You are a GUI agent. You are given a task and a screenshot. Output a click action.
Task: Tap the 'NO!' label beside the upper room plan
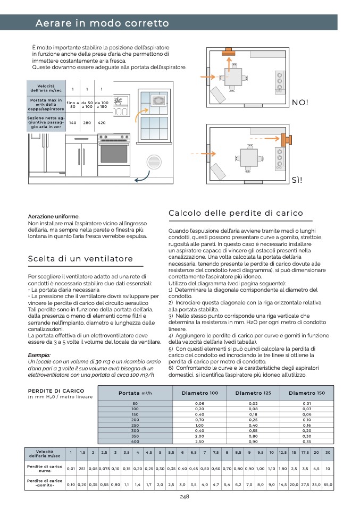coord(300,102)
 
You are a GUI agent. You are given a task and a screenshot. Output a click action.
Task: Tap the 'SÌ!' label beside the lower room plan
coord(298,180)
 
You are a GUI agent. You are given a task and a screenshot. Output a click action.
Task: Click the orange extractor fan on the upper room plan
coord(229,51)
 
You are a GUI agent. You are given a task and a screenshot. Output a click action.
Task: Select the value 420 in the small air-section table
coord(102,123)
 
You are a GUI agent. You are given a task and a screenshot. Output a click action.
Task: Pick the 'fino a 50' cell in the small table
coord(73,105)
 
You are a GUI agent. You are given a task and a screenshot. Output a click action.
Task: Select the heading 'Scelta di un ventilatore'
coord(80,259)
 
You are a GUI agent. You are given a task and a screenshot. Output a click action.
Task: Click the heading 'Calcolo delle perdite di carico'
coord(236,213)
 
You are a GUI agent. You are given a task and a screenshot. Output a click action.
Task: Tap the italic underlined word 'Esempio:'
coord(39,355)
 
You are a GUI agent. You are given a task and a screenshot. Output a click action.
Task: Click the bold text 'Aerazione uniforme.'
coord(54,217)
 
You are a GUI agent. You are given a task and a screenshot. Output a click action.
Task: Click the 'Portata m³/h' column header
coord(136,393)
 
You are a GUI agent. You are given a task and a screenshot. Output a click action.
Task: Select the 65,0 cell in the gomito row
coord(328,485)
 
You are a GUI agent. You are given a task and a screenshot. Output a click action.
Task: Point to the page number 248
coord(185,497)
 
